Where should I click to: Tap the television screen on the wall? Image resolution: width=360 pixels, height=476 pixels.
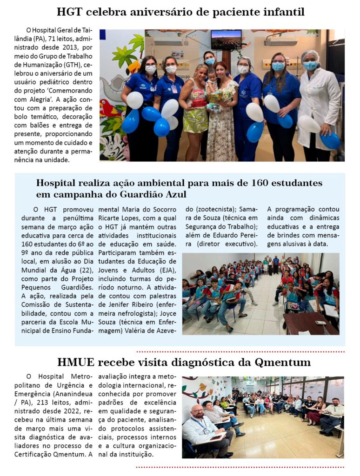pos(226,40)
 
